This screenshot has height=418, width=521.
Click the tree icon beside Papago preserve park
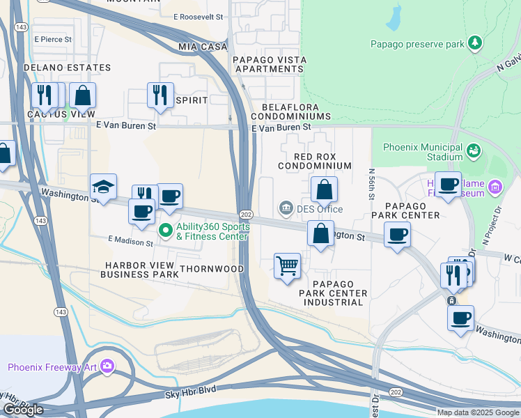tap(475, 43)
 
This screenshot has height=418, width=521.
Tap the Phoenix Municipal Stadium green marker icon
tap(474, 150)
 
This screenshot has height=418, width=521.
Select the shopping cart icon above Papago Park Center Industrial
tap(287, 265)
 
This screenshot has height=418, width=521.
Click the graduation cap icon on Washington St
tap(103, 187)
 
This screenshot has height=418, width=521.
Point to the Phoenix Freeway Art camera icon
tap(107, 366)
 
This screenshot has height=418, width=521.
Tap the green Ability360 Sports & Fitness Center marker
tap(166, 229)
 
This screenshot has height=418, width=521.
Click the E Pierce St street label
tap(53, 40)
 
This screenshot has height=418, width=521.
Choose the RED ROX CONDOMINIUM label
tap(314, 162)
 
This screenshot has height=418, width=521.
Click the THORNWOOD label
tap(212, 268)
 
